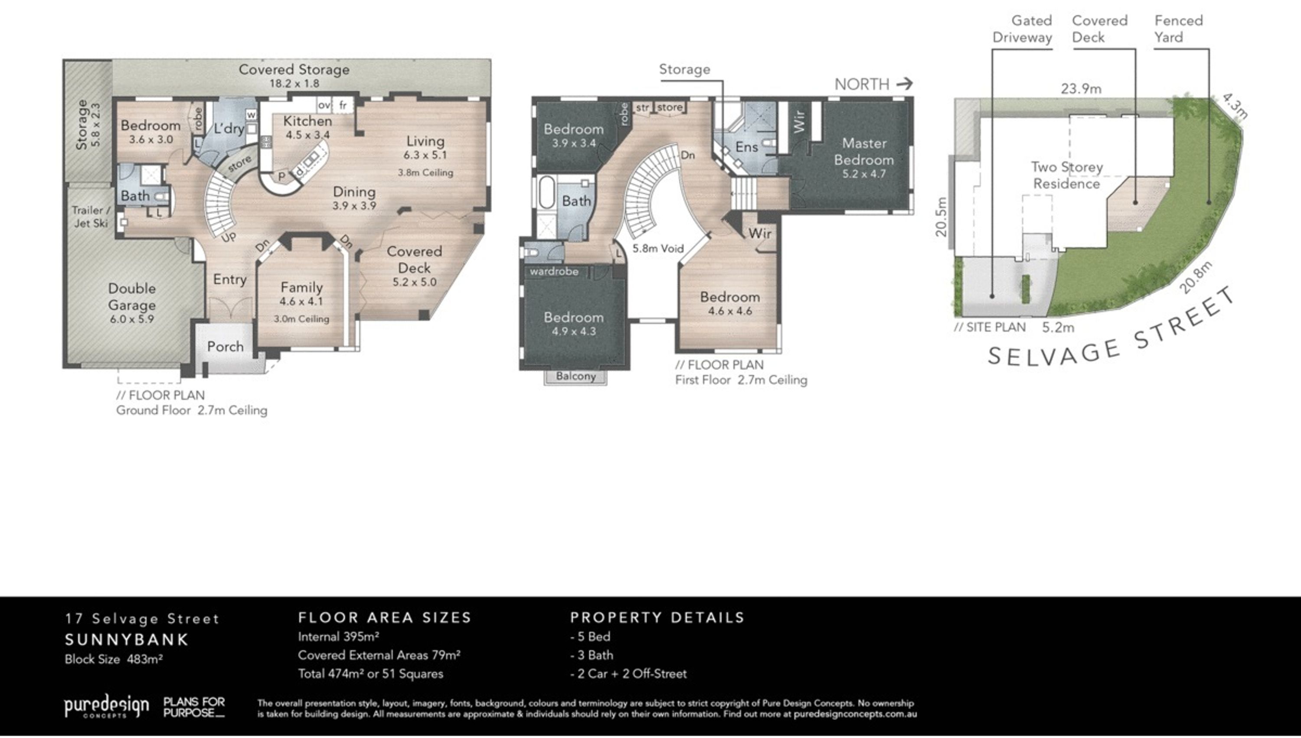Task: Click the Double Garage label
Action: pos(132,296)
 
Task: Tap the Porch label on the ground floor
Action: pos(226,347)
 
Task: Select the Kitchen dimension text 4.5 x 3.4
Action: pos(307,135)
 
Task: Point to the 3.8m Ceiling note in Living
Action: pos(425,172)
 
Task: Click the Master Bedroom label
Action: pos(864,152)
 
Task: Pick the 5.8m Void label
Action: pos(658,248)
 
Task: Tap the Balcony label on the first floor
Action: pos(575,376)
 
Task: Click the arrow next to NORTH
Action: pos(904,83)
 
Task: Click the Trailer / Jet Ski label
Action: pos(91,216)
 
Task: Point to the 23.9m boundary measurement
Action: pos(1081,89)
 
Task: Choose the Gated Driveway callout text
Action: pos(1022,29)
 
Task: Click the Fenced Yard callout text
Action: pos(1178,29)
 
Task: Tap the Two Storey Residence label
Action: pos(1067,176)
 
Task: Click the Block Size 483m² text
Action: pos(114,660)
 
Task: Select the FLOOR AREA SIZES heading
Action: pos(385,618)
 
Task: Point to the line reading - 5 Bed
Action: pos(590,637)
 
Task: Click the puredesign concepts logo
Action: pos(107,706)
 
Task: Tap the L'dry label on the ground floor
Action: pos(229,129)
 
